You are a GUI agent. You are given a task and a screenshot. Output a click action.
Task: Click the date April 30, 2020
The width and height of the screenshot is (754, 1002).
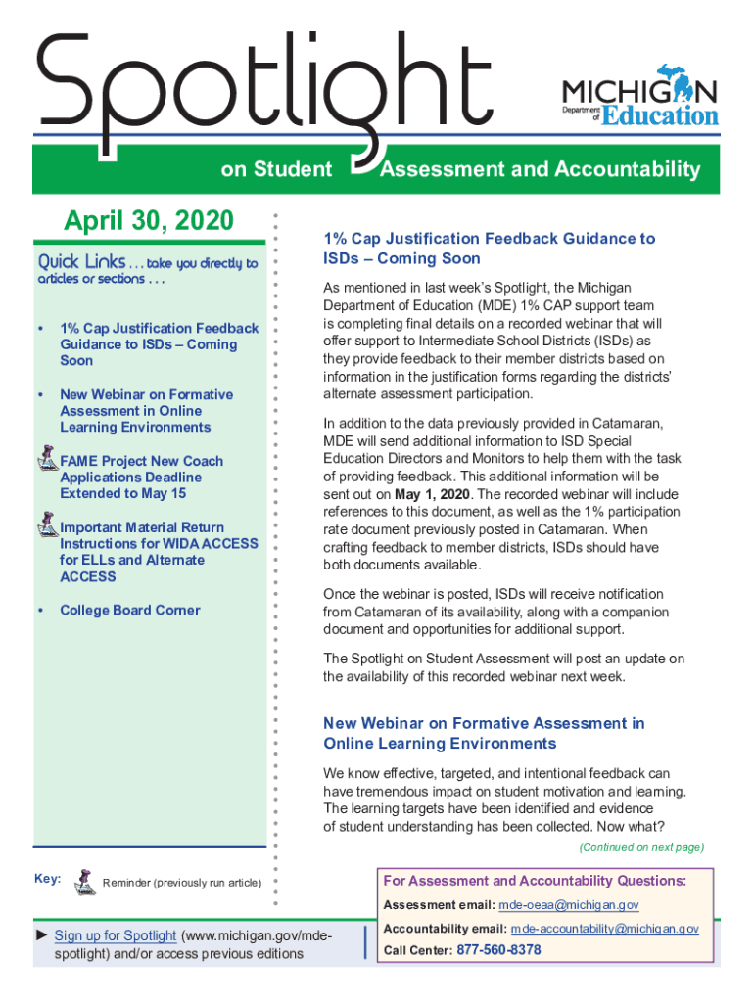coord(149,221)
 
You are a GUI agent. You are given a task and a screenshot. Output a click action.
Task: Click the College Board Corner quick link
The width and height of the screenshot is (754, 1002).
coord(129,610)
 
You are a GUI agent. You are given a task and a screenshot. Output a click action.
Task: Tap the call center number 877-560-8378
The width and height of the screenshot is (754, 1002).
coord(498,950)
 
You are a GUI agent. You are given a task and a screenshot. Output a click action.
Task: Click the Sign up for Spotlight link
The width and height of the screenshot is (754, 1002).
coord(116,935)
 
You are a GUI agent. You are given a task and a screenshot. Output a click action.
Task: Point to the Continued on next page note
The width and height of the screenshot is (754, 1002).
coord(640,847)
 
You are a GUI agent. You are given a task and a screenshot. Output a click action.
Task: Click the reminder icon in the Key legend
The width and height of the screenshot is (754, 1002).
coord(85,880)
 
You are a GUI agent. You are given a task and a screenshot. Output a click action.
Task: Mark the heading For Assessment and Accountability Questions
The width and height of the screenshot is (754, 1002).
coord(535,881)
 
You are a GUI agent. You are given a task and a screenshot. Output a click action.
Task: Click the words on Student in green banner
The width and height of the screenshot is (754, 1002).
coord(276,170)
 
